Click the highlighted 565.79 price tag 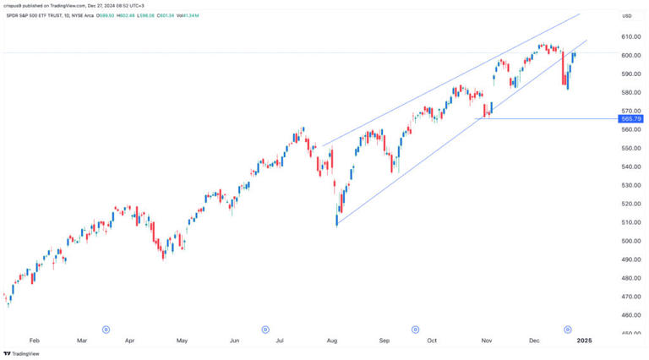tap(631, 119)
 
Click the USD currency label tap(626, 15)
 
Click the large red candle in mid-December tap(563, 68)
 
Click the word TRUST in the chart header tap(55, 15)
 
